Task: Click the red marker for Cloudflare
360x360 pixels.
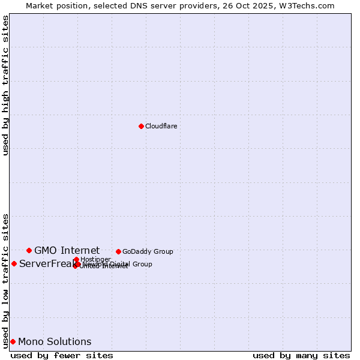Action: tap(141, 126)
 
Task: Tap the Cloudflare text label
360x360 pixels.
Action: tap(161, 126)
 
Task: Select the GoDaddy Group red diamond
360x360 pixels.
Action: tap(118, 251)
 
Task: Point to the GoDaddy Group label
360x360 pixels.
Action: tap(148, 251)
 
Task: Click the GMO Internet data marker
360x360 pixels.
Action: tap(29, 250)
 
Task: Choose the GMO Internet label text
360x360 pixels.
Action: tap(67, 250)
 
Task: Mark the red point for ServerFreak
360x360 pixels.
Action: tap(14, 263)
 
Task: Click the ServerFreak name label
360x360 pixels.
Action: tap(46, 263)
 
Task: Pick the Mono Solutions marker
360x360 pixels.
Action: tap(13, 341)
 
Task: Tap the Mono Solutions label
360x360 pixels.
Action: tap(55, 341)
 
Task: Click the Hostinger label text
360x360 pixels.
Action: tap(95, 259)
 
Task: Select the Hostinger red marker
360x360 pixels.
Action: tap(76, 260)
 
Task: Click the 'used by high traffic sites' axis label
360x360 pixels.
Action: tap(5, 85)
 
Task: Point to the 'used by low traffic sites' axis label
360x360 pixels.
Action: tap(5, 281)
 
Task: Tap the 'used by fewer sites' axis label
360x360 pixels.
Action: tap(62, 355)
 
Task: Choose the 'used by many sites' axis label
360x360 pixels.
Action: tap(301, 355)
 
